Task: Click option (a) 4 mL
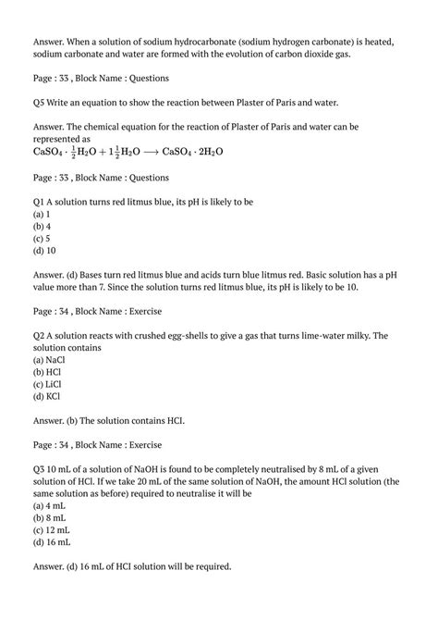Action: click(49, 505)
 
